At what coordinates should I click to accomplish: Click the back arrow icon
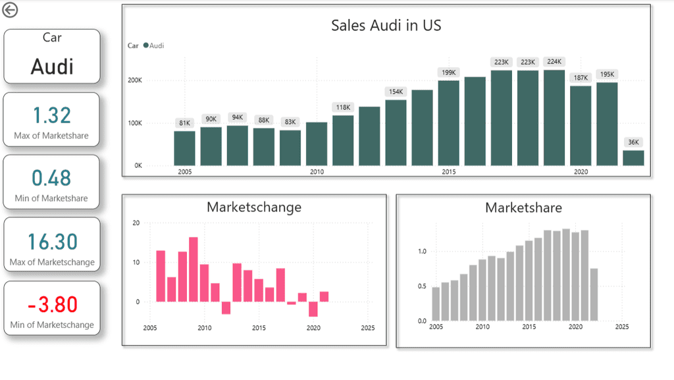click(10, 10)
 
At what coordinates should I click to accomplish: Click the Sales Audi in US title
click(386, 26)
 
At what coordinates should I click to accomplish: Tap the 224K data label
click(554, 62)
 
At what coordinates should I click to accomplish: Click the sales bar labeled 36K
click(633, 158)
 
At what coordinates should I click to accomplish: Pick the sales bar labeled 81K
click(184, 148)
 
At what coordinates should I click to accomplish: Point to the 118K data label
click(343, 107)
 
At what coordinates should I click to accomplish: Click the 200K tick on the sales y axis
click(134, 80)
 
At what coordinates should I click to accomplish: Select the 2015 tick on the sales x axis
click(449, 172)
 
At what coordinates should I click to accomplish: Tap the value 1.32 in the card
click(52, 116)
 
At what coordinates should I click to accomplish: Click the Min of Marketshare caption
click(51, 198)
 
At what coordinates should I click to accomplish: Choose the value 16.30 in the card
click(52, 242)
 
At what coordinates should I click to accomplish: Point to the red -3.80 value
click(52, 306)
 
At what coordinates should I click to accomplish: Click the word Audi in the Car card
click(52, 67)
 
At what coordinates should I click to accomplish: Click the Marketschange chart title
click(254, 207)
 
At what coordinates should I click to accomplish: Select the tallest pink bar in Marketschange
click(194, 269)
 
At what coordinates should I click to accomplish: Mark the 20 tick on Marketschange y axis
click(136, 223)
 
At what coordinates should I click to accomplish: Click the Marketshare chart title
click(523, 207)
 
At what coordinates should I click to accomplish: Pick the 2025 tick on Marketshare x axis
click(621, 327)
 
